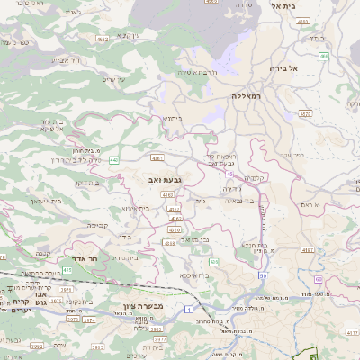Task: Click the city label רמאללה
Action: coord(245,95)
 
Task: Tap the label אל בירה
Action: coord(283,68)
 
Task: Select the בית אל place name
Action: coord(283,5)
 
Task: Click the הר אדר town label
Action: coord(94,257)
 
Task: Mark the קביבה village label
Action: coord(97,225)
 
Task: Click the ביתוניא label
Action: coord(172,118)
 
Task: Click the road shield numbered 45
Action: coord(229,174)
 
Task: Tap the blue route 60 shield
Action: coord(319,280)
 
